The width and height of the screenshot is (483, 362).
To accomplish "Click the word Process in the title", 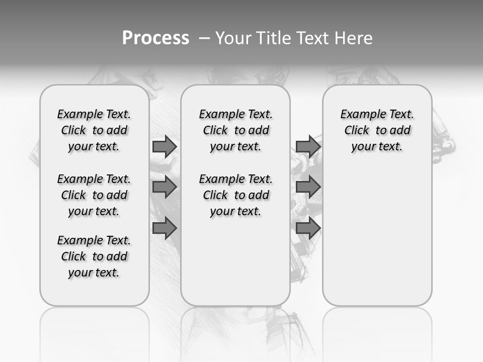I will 155,38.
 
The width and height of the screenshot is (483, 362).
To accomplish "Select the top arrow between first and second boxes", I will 165,146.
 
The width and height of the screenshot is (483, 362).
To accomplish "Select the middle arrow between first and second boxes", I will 165,187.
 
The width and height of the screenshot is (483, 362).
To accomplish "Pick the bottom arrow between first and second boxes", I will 165,228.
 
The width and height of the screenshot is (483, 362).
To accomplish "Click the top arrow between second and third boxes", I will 308,146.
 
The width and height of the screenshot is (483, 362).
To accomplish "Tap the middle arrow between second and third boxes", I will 308,187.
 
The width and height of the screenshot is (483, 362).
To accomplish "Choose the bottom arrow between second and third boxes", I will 308,228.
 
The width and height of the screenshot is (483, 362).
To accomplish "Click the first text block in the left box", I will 94,130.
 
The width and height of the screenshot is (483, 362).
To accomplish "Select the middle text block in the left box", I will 94,195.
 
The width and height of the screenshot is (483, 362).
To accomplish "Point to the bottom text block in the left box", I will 94,256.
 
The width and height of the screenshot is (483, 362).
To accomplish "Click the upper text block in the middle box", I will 236,130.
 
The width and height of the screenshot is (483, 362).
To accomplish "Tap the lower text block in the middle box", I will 236,195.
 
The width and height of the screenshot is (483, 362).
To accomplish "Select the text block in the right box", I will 377,130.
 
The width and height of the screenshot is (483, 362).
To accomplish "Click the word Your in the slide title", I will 233,38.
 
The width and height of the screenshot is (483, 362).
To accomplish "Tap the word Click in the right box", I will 357,130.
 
